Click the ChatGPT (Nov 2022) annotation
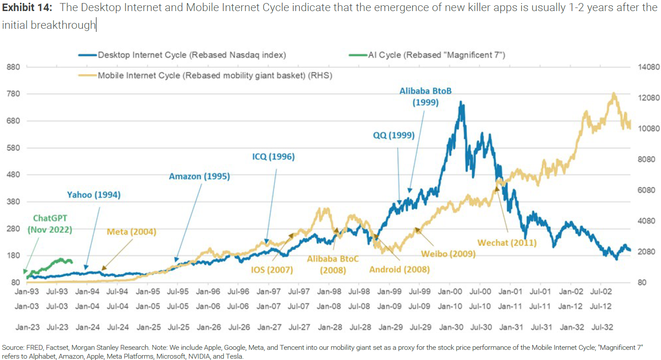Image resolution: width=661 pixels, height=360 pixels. [x=50, y=224]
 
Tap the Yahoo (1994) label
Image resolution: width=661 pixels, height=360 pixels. [x=93, y=195]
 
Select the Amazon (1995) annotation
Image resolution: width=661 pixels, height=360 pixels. [x=199, y=176]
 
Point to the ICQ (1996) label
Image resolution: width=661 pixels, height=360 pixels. [x=273, y=157]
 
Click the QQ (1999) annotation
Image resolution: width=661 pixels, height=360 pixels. [x=394, y=135]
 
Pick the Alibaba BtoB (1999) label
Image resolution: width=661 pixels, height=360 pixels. [x=425, y=96]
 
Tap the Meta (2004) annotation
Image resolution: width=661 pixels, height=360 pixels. [x=131, y=232]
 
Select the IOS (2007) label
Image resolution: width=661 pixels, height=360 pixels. [x=272, y=270]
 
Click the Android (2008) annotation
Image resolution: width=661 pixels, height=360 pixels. [x=399, y=269]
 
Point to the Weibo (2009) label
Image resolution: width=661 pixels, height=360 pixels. [x=448, y=254]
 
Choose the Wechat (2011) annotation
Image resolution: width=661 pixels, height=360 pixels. [x=507, y=243]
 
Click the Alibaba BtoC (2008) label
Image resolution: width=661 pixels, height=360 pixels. [x=333, y=264]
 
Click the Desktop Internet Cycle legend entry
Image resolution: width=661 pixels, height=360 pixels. [x=191, y=55]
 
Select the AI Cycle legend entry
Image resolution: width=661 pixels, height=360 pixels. [x=436, y=55]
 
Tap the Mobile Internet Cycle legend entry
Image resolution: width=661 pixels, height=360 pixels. [x=215, y=75]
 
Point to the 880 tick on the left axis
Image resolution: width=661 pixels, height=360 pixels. [x=13, y=67]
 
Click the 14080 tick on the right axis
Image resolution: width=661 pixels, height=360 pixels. [x=648, y=67]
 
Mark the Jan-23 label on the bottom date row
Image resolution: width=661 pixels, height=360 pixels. [x=27, y=327]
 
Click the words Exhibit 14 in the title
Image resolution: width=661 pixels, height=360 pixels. [x=27, y=8]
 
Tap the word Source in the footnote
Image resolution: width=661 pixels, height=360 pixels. [x=12, y=348]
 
